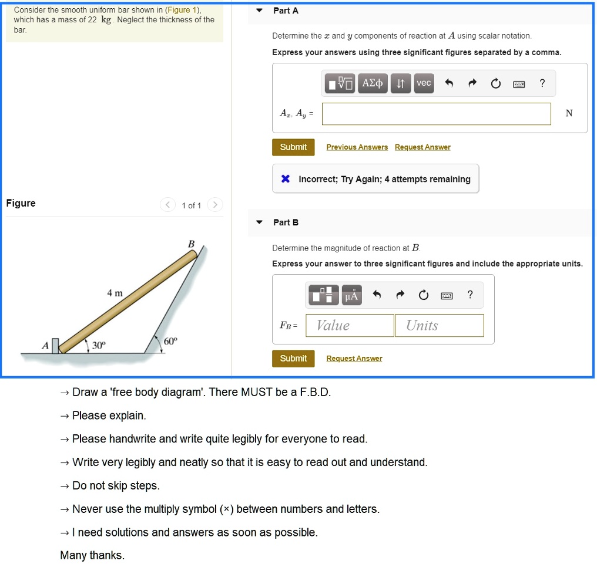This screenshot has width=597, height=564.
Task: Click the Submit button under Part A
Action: coord(293,147)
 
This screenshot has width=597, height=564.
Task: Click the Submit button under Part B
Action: coord(293,359)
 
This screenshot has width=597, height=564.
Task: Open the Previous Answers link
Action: coord(357,147)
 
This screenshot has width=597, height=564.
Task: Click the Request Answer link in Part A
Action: coord(422,147)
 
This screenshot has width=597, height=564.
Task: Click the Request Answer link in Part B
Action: coord(354,359)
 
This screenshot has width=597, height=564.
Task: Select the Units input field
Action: coord(439,326)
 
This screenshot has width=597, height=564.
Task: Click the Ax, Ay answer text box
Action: coord(436,114)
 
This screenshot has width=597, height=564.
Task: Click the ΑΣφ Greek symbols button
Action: coord(373,83)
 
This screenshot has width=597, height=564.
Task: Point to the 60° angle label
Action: coord(170,340)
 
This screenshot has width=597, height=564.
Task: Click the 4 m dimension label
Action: coord(115,293)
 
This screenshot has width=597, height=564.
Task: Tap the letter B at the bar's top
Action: coord(190,243)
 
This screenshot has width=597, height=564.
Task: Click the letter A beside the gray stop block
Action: coord(45,346)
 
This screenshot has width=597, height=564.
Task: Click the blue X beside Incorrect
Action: coord(285,179)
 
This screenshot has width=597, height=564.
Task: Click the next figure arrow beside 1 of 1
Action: coord(215,205)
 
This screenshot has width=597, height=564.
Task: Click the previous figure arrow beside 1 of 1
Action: coord(168,205)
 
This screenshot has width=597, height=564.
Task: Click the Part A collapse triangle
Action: coord(260,11)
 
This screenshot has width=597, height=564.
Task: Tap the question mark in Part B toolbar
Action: coord(469,295)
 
